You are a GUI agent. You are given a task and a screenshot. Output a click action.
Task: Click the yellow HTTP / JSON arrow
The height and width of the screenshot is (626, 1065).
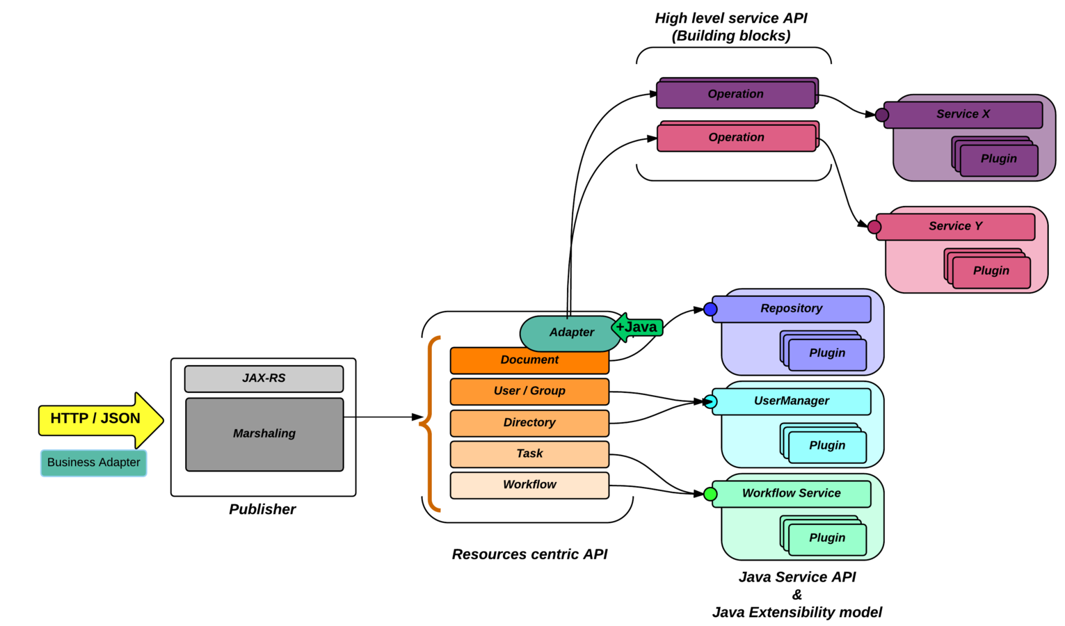pyautogui.click(x=97, y=419)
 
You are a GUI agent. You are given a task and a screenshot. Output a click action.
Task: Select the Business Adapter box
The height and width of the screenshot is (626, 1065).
pyautogui.click(x=94, y=463)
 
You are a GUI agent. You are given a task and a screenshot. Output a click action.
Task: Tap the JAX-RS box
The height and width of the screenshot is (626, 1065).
pyautogui.click(x=264, y=378)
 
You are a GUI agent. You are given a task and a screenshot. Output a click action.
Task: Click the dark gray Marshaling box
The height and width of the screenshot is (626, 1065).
pyautogui.click(x=264, y=434)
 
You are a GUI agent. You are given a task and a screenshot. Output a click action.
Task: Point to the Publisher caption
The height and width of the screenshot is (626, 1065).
pyautogui.click(x=262, y=509)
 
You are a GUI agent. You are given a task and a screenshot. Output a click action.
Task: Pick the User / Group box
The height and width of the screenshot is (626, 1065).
pyautogui.click(x=529, y=391)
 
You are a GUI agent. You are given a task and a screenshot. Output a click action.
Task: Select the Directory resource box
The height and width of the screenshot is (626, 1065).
pyautogui.click(x=529, y=422)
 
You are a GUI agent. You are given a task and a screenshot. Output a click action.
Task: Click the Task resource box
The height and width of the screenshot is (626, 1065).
pyautogui.click(x=529, y=454)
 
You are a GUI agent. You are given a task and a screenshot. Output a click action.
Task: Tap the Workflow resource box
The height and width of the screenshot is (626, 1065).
pyautogui.click(x=529, y=485)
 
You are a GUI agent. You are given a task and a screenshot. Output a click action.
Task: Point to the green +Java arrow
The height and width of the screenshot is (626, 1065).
pyautogui.click(x=636, y=327)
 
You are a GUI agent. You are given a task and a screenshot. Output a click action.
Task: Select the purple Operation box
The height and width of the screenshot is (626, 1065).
pyautogui.click(x=735, y=95)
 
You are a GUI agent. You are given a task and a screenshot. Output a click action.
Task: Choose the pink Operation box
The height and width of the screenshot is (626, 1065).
pyautogui.click(x=736, y=138)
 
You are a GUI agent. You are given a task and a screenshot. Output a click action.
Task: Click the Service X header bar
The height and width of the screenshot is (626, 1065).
pyautogui.click(x=963, y=114)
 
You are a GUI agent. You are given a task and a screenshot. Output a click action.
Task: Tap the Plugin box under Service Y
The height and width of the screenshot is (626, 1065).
pyautogui.click(x=991, y=271)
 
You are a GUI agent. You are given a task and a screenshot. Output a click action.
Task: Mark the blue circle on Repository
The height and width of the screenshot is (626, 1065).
pyautogui.click(x=710, y=310)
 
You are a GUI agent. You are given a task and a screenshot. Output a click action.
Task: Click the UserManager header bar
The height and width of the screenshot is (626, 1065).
pyautogui.click(x=792, y=401)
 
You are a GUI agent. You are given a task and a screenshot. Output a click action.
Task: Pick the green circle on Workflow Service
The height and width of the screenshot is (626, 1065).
pyautogui.click(x=710, y=495)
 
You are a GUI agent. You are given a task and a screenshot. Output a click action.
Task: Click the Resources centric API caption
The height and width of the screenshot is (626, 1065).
pyautogui.click(x=529, y=554)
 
